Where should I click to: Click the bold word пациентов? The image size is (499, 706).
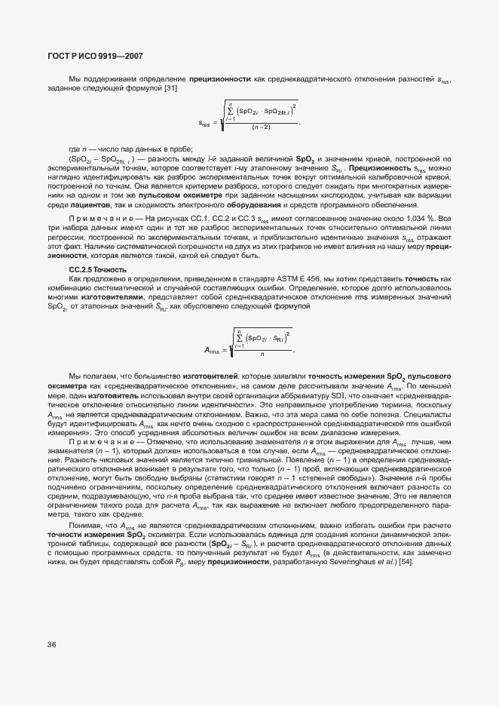(89, 205)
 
